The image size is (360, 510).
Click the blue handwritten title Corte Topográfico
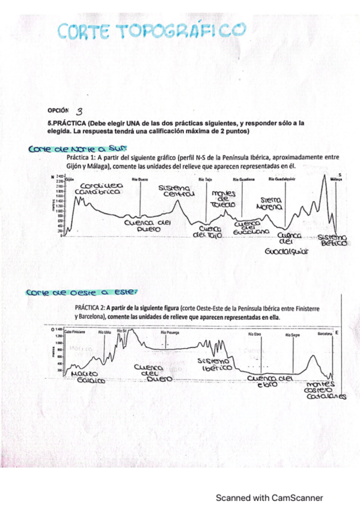153,31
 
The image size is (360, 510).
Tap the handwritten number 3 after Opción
80,111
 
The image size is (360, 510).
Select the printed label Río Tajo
205,179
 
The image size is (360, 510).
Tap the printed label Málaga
335,179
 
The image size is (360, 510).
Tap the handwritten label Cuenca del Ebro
270,381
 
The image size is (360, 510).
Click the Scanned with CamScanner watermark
269,497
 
